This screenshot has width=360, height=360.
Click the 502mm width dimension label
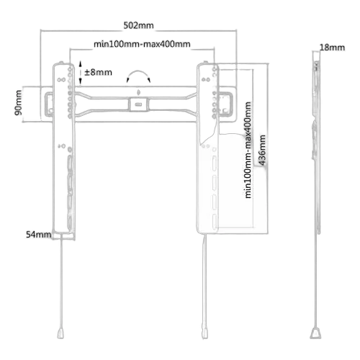point(138,25)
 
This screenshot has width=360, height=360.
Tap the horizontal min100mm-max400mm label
point(142,44)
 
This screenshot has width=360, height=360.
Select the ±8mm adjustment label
point(98,72)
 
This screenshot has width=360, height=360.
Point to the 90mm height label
point(18,103)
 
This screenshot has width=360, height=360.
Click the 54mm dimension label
point(39,235)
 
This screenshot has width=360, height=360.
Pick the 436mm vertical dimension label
point(263,150)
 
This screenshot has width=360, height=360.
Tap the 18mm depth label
point(332,48)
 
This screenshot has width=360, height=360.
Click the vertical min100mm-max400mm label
point(248,150)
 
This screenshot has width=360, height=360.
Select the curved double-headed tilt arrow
point(138,72)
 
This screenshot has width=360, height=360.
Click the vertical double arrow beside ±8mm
point(81,73)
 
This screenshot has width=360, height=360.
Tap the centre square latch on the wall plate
point(138,104)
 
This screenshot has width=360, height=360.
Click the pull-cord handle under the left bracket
point(60,333)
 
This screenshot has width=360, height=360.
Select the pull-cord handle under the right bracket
point(204,333)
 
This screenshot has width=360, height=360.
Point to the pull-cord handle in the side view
point(315,333)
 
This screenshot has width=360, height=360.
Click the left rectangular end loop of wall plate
point(49,104)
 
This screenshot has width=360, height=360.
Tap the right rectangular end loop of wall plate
point(225,104)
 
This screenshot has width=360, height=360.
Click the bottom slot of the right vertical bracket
point(215,221)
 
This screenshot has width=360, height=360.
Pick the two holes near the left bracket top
point(61,80)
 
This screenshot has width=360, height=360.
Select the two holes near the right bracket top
point(206,79)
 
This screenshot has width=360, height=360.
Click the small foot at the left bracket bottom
point(63,236)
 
